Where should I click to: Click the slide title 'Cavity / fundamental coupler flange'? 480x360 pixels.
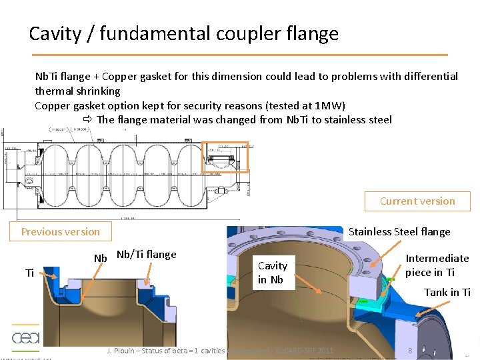[x=183, y=33]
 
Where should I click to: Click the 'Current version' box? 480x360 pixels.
[x=417, y=201]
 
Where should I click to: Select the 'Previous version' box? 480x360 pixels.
[x=60, y=232]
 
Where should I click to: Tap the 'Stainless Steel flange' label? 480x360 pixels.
[x=399, y=232]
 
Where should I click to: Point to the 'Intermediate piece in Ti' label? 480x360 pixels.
[x=437, y=265]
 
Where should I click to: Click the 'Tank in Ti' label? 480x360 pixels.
[x=447, y=292]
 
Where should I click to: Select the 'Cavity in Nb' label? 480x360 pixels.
[x=272, y=273]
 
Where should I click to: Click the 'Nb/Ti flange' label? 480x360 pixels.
[x=146, y=254]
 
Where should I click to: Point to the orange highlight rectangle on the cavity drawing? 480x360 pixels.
[x=225, y=157]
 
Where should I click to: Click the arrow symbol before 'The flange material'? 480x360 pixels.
[x=88, y=120]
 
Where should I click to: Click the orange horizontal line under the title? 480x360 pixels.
[x=239, y=54]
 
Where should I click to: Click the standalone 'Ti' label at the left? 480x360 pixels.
[x=29, y=273]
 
